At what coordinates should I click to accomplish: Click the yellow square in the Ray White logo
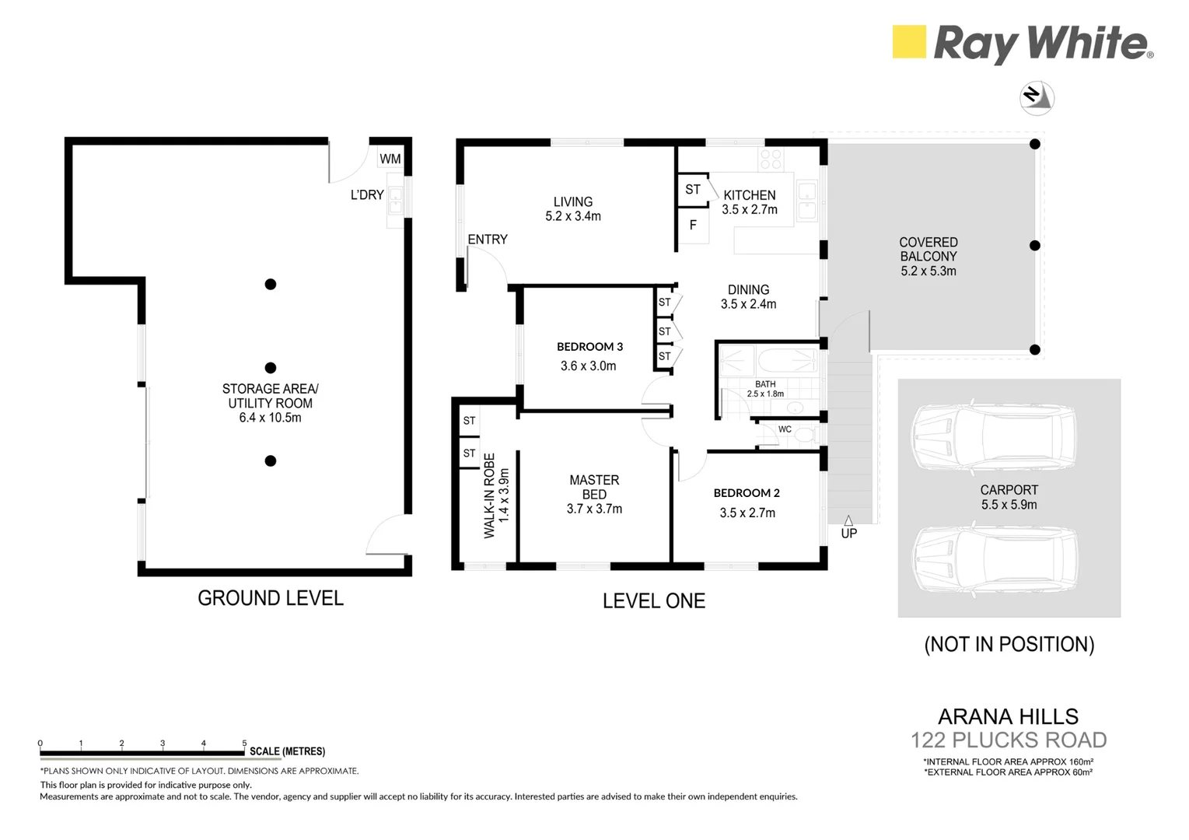coord(908,41)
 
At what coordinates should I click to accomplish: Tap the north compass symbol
coord(1036,98)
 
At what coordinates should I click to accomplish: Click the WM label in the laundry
coord(390,159)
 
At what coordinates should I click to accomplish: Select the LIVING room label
coord(573,202)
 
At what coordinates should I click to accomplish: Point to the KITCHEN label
coord(749,195)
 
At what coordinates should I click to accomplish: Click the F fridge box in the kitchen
coord(693,226)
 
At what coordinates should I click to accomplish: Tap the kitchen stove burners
coord(771,159)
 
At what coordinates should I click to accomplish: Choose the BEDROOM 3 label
coord(589,347)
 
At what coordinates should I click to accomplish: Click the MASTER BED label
coord(594,487)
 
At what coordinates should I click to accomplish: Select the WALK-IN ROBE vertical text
coord(489,495)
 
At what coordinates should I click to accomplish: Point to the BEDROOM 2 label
coord(747,493)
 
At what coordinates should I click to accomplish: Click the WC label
coord(785,429)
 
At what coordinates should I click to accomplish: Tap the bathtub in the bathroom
coord(786,362)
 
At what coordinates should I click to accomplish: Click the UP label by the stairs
coord(848,534)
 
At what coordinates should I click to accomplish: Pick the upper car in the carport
coord(994,438)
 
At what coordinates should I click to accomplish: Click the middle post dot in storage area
coord(271,368)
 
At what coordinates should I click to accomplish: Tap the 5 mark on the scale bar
coord(244,744)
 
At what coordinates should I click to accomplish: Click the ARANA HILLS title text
coord(1008,716)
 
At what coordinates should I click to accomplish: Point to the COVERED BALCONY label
coord(928,250)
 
